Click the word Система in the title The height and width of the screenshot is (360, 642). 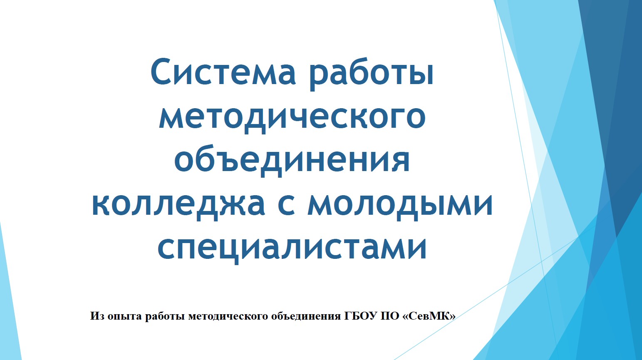[x=223, y=71]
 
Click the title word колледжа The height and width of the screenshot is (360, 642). [x=178, y=205]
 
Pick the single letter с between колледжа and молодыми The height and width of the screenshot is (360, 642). [x=286, y=205]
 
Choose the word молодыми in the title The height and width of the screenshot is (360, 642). [x=400, y=205]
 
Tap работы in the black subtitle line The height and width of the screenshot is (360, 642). [x=165, y=316]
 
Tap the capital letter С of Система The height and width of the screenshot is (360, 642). [x=161, y=71]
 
